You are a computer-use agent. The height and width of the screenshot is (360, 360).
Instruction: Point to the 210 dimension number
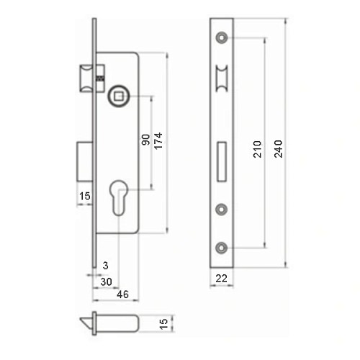(x=258, y=150)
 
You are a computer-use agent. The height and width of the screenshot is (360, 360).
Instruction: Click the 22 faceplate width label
(x=221, y=278)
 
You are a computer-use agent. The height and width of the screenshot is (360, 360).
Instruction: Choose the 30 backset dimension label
(x=106, y=282)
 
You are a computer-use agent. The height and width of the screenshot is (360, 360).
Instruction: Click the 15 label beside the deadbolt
(x=84, y=196)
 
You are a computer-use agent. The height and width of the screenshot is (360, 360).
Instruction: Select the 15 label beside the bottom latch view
(x=163, y=323)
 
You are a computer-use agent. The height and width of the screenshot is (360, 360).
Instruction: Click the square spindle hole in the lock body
(x=117, y=96)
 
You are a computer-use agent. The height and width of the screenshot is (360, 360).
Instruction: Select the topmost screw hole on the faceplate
(x=221, y=37)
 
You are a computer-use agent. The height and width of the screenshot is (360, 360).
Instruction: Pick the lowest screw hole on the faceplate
(x=221, y=248)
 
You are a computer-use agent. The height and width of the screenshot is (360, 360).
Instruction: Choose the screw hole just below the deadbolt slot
(x=221, y=209)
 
